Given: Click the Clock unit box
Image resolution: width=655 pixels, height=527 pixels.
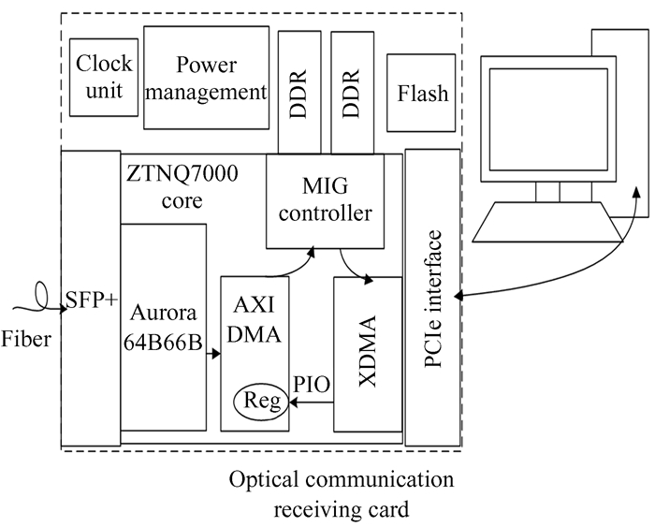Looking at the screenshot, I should coord(105,78).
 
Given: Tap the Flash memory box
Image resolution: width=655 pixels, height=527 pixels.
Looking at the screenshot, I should coord(422,95).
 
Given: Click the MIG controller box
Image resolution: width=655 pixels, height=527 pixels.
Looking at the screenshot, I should coord(325,201).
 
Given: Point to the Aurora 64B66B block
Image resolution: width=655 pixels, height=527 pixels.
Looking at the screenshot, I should coord(163,323).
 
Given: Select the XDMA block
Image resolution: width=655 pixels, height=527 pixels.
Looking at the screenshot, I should coord(368,353).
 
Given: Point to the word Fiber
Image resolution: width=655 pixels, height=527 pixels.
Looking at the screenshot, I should coord(25,338).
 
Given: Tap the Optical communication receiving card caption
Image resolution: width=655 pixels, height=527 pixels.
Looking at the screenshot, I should coord(341,496).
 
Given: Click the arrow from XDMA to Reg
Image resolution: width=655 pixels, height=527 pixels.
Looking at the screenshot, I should coord(313,403).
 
